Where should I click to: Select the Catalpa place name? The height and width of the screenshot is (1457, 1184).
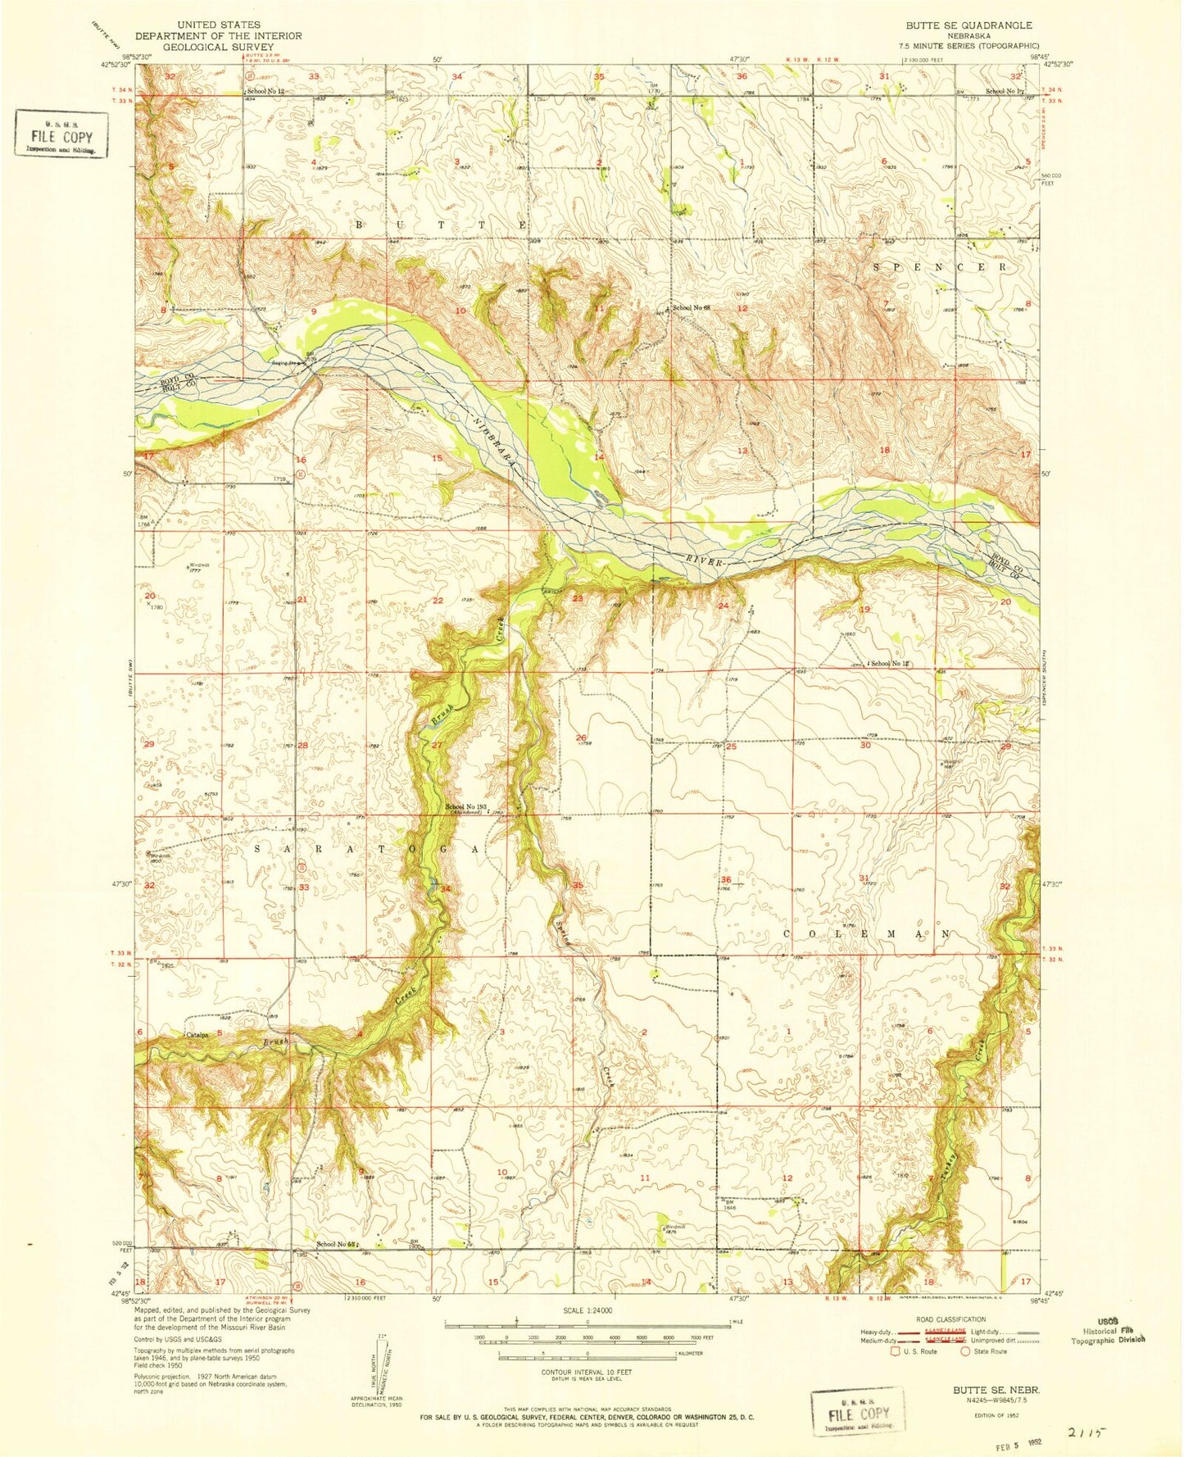pos(197,1035)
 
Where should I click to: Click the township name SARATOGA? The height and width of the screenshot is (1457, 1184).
pos(365,850)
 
